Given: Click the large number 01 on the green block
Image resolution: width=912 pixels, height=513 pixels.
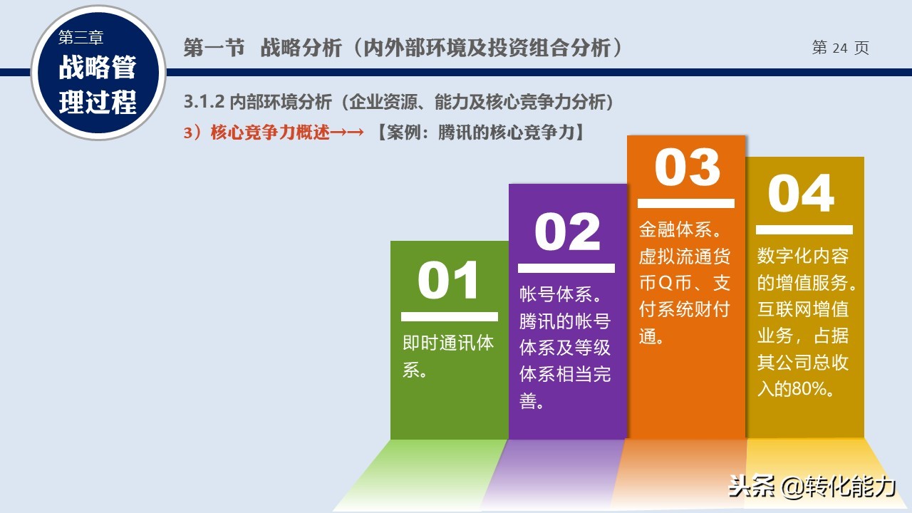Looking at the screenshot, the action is (448, 280).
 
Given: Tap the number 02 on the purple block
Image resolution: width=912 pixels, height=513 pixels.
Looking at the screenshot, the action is (567, 232).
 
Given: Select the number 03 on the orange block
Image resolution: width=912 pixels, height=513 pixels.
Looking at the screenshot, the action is (688, 167).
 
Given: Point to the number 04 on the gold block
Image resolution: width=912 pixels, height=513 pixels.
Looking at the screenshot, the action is (801, 193).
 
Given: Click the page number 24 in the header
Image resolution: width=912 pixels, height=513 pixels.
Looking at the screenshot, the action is (840, 48).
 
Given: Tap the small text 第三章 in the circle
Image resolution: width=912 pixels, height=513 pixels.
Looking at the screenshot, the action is (81, 38).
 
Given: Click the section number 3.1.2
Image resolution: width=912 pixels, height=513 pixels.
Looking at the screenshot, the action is (204, 102).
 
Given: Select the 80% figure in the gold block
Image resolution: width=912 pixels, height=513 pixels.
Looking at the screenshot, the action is (809, 389).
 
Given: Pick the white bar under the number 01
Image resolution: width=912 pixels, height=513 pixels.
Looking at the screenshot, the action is (450, 317).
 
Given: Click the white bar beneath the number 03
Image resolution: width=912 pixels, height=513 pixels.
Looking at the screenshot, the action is (686, 203).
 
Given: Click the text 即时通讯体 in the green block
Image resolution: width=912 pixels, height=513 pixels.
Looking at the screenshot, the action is (448, 343).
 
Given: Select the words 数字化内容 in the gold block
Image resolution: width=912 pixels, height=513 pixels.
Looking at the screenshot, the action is (803, 256).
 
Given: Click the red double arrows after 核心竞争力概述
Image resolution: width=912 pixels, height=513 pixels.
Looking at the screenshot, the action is (347, 133).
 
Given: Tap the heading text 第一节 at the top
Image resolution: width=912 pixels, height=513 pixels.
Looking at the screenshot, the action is (214, 48).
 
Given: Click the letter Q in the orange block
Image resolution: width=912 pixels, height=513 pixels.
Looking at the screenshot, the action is (665, 283).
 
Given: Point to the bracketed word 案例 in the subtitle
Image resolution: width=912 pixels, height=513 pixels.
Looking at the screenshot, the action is (403, 133).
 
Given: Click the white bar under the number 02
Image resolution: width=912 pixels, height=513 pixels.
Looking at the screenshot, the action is (566, 268).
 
